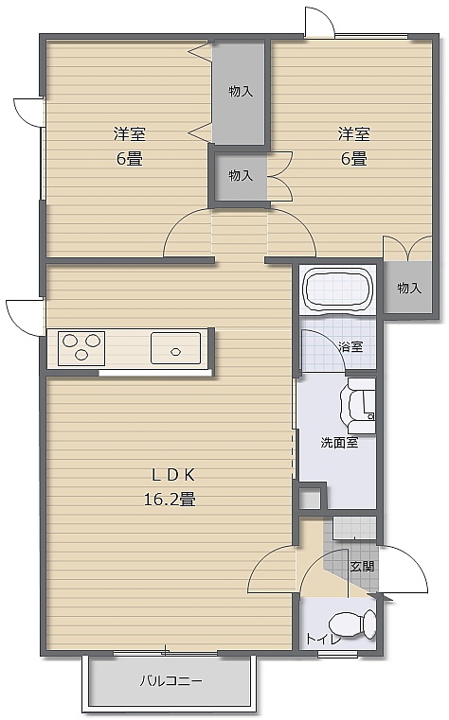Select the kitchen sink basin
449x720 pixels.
click(x=175, y=348)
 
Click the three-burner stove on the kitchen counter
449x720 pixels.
click(x=81, y=348)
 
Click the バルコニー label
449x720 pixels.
click(x=171, y=680)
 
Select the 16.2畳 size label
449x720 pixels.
click(x=171, y=499)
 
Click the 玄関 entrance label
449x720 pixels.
click(x=362, y=566)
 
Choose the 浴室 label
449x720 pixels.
click(x=350, y=346)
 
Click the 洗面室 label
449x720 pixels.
click(x=340, y=443)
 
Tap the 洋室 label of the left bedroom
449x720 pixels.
click(x=130, y=134)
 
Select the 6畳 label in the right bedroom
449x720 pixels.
click(x=354, y=159)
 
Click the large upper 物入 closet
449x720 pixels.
click(x=239, y=92)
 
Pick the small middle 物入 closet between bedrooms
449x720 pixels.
click(x=241, y=176)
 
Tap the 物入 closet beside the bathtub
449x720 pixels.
click(x=408, y=288)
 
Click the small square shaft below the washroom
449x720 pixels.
click(x=310, y=499)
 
